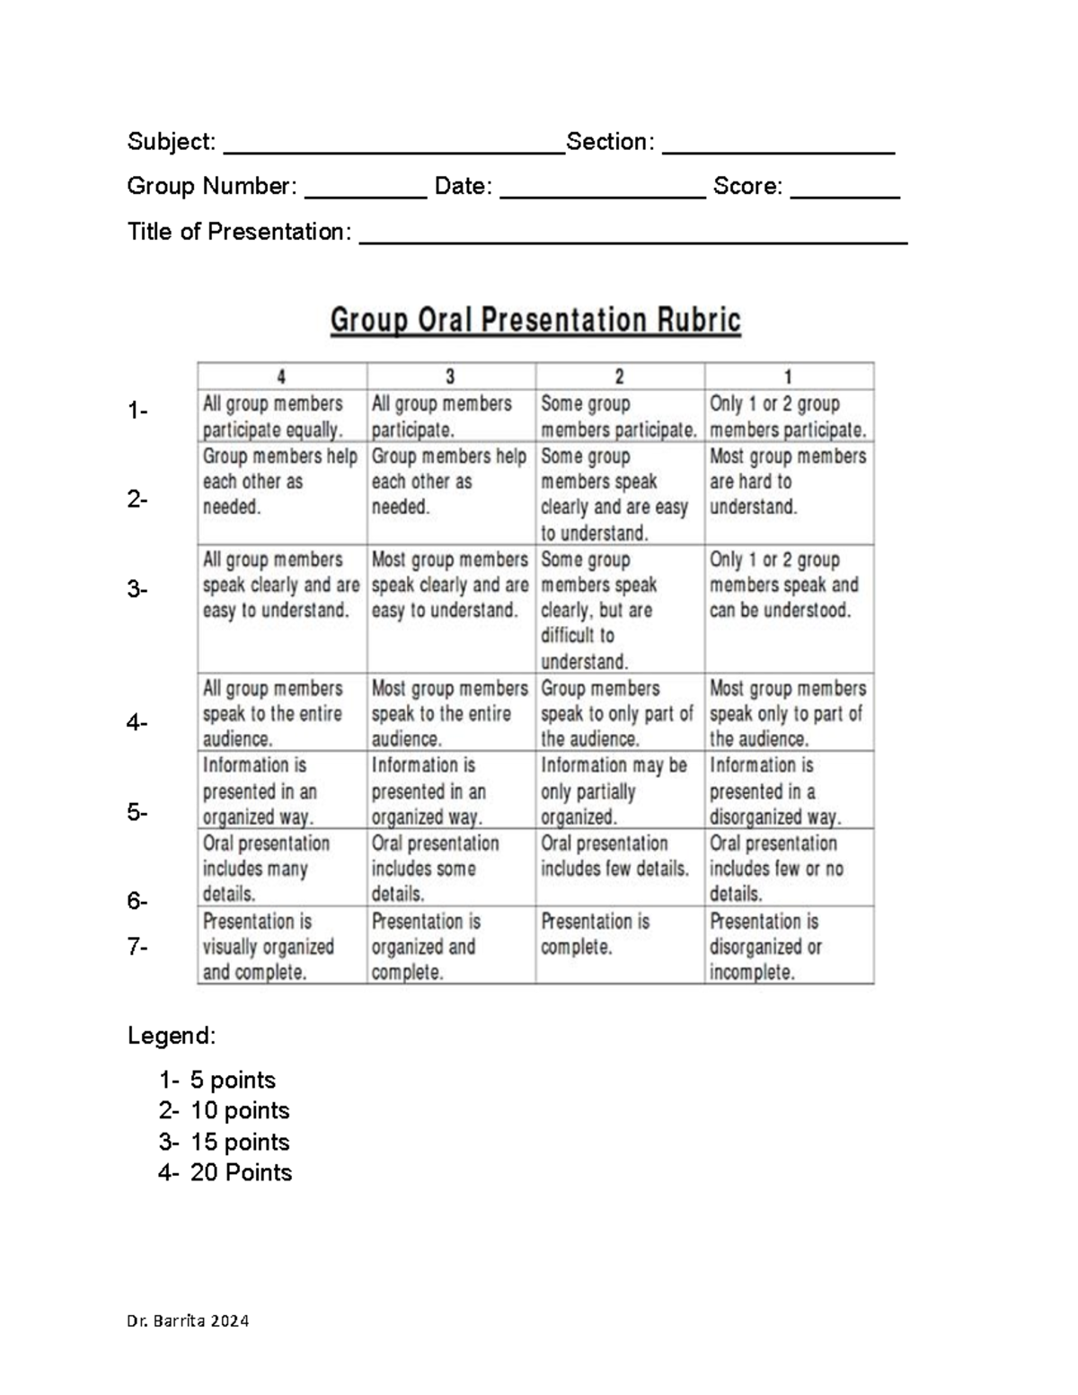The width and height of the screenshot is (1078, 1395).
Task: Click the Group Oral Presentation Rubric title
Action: [x=535, y=321]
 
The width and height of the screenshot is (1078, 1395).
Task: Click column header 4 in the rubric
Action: [x=282, y=376]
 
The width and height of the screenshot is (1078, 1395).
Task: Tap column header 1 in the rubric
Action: [x=789, y=376]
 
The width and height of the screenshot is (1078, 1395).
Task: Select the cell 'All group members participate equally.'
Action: [x=282, y=417]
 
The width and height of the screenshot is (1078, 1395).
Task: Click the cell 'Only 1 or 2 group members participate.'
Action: [x=789, y=417]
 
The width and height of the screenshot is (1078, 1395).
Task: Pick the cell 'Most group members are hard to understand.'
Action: [x=789, y=482]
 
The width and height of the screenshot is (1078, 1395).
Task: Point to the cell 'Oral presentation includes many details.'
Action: [x=282, y=868]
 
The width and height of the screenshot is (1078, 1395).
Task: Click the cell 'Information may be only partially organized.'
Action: [x=620, y=790]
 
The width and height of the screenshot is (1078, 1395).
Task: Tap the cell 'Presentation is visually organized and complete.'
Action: [x=282, y=946]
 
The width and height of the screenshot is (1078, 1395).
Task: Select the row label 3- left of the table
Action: [x=137, y=590]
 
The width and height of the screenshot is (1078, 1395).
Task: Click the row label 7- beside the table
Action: [x=137, y=947]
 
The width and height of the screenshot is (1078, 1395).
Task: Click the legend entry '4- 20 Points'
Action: [x=225, y=1172]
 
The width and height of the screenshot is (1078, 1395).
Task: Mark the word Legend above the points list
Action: [x=172, y=1036]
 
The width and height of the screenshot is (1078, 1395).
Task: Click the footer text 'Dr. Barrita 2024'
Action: [x=188, y=1321]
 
